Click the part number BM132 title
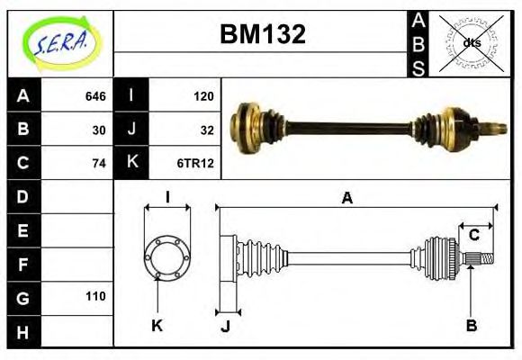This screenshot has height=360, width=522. point(263,35)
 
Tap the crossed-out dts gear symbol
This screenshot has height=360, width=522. point(470,42)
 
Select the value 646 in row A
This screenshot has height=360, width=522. point(95,96)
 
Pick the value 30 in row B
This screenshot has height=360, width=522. point(99,130)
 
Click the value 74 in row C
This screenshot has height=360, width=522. point(99,163)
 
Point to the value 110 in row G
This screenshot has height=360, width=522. point(95,296)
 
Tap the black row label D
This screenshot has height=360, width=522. point(23,196)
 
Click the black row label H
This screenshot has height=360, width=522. point(23,330)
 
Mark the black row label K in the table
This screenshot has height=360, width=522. point(131,163)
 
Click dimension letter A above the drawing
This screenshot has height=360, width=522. point(346,199)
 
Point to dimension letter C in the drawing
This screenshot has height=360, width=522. point(474,236)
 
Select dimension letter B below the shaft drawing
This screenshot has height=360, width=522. point(471,325)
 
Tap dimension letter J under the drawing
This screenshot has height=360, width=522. point(226,326)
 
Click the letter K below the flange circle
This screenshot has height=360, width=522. point(157,325)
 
